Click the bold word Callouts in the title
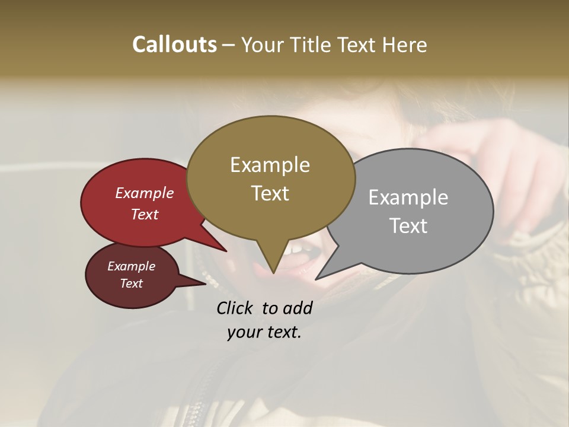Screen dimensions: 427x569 tap(174, 44)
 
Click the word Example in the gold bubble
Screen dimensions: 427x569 tap(270, 165)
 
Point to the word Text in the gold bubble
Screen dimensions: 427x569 tap(270, 193)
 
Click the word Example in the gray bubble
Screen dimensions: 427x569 tap(408, 197)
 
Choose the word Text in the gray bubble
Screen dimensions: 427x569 tap(408, 225)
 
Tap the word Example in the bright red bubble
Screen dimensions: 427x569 tap(145, 193)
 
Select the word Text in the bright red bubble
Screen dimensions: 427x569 tap(145, 214)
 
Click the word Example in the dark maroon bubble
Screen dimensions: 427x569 tap(131, 266)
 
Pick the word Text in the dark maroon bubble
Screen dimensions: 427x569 tap(131, 283)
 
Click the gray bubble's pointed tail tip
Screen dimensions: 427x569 tap(317, 279)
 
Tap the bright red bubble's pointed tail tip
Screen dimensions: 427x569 tap(226, 251)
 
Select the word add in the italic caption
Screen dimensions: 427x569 tap(298, 308)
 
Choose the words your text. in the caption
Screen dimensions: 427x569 tap(264, 333)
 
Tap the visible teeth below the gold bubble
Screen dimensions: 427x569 tap(293, 250)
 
